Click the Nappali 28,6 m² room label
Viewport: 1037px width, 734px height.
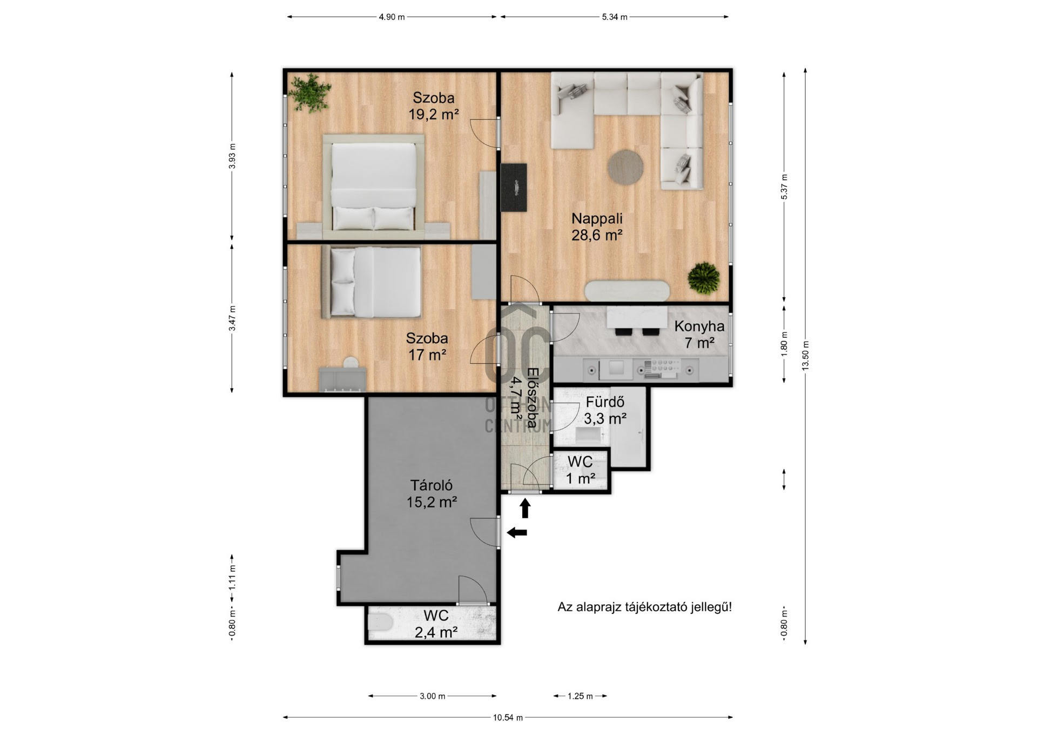(597, 227)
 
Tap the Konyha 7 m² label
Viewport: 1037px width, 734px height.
(699, 334)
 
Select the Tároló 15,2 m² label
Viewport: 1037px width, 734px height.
(432, 494)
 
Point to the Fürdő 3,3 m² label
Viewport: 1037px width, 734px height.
(605, 410)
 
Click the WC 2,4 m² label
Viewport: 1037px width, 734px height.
(436, 624)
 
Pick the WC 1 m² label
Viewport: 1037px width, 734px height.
(580, 470)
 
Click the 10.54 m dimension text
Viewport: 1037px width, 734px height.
(508, 718)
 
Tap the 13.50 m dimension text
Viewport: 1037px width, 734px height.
(805, 356)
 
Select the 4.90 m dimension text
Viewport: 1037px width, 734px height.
(392, 17)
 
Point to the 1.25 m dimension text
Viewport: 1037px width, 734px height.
(580, 696)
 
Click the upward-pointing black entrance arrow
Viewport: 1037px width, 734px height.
(525, 508)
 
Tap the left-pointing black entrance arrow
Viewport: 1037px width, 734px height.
(517, 533)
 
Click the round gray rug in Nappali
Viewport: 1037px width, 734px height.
(625, 168)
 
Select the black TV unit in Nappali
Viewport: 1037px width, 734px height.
(514, 188)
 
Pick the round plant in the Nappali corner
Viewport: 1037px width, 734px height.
(704, 278)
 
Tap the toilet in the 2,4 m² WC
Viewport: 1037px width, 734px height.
(380, 623)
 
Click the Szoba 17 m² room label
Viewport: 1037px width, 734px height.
(427, 346)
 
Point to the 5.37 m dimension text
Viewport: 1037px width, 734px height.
(784, 187)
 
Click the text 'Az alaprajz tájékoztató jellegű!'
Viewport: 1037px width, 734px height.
(645, 607)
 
